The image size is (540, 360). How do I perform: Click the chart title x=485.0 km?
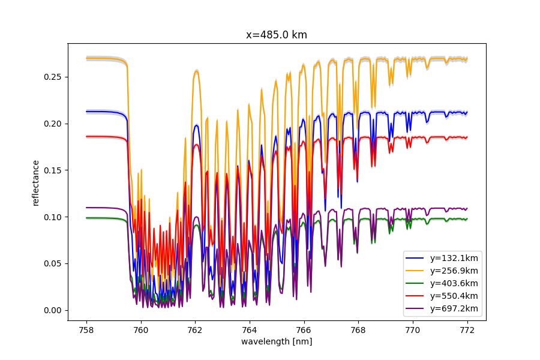pos(277,35)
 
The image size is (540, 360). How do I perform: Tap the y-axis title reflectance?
pos(35,182)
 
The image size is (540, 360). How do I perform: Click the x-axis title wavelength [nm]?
pos(277,341)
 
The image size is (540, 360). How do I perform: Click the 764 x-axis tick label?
pos(250,329)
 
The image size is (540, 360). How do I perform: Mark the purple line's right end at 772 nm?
pos(466,209)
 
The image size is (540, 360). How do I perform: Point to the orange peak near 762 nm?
pos(196,71)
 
